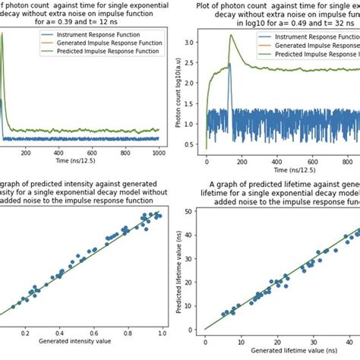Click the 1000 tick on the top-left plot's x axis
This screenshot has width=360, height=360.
[156, 153]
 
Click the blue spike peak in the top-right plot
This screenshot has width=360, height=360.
[229, 65]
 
